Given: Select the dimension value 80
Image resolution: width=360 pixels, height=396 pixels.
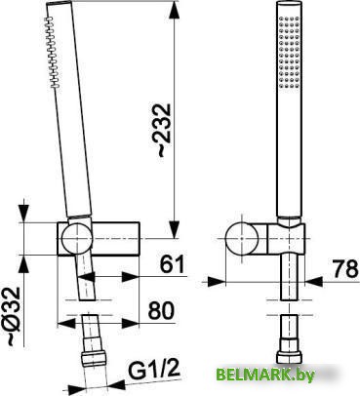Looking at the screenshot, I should [x=162, y=313].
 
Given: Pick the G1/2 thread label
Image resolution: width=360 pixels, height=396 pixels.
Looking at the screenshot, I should [x=157, y=371].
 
